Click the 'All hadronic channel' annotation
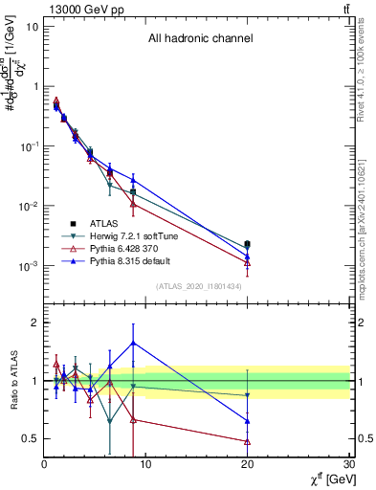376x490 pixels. [200, 39]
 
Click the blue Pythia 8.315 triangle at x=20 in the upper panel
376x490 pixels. [248, 256]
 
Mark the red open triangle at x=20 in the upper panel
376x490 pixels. [248, 263]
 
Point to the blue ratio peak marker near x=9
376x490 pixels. [133, 343]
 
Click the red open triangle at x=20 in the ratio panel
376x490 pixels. [248, 441]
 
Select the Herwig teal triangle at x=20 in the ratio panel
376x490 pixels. [248, 395]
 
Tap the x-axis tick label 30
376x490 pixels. [349, 464]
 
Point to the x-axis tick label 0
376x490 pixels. [44, 464]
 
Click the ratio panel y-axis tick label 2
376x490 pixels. [34, 323]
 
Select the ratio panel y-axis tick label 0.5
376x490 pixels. [30, 438]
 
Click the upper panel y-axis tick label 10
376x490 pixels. [32, 26]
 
